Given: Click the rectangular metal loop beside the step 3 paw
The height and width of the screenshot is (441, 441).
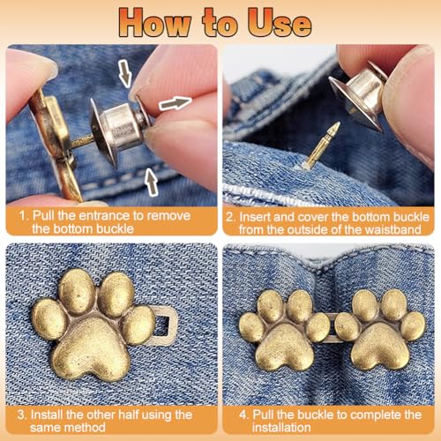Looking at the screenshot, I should (x=167, y=330).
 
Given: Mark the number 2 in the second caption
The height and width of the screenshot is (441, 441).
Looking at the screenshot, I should (x=230, y=214).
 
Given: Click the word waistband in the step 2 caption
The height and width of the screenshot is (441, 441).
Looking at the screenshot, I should (x=394, y=228).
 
